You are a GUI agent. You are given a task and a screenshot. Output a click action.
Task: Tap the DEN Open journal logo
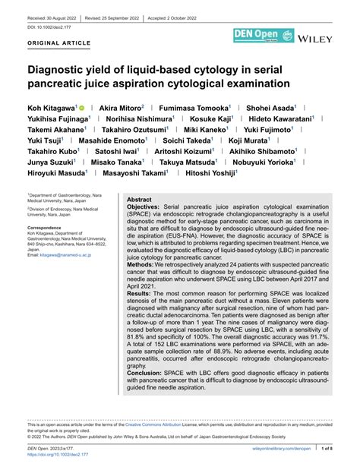261,36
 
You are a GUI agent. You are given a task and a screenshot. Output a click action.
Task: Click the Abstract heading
139,198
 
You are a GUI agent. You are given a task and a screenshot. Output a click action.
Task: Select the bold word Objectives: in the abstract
143,207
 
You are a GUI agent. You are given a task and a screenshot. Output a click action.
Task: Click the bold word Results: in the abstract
138,292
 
